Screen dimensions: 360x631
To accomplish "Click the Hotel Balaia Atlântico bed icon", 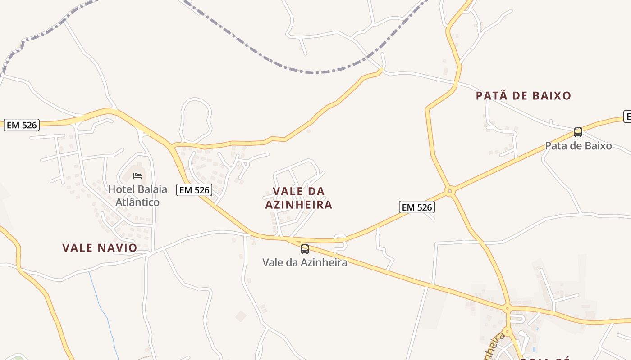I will tap(137, 175).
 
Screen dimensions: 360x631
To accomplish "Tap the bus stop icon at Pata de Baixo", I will tap(578, 132).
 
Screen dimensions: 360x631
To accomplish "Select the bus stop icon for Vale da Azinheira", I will tap(305, 249).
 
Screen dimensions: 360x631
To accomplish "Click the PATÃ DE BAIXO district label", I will tap(523, 95).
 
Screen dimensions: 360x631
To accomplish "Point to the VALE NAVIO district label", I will tap(100, 247).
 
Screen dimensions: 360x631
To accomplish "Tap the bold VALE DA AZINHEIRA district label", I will tap(298, 198).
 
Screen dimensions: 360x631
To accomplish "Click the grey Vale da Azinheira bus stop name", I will tap(305, 262).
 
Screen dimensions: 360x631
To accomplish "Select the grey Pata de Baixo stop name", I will tap(578, 146).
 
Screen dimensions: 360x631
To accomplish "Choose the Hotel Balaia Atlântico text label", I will tap(137, 196).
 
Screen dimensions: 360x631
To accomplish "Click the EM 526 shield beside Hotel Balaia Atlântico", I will tap(194, 190).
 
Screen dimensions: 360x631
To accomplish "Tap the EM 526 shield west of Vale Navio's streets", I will tap(22, 125).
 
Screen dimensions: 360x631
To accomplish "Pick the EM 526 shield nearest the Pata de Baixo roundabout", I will tap(416, 207).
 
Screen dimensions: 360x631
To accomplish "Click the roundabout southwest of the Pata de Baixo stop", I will tap(449, 191).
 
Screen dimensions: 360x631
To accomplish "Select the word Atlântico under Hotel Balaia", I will tap(137, 202).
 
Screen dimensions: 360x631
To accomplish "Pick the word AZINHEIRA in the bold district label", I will tap(298, 205).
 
